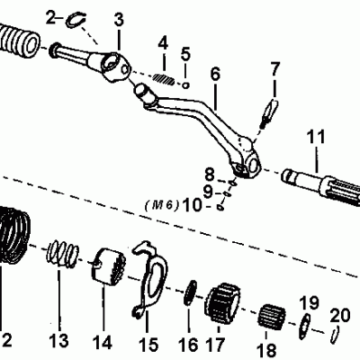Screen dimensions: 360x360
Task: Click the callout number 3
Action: point(119,21)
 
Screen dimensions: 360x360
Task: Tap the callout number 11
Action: point(316,137)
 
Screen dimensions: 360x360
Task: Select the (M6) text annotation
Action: point(162,205)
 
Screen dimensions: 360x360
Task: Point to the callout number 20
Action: point(340,315)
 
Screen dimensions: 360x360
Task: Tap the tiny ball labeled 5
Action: point(185,85)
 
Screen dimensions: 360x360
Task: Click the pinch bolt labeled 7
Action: point(270,112)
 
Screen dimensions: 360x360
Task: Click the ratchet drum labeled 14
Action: point(108,267)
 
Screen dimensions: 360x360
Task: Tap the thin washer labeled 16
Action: point(190,292)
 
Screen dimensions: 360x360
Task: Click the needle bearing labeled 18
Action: point(272,317)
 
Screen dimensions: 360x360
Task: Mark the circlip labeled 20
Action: point(334,335)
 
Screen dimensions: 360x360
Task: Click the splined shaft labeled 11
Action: point(321,187)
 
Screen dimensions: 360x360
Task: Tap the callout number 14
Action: point(102,342)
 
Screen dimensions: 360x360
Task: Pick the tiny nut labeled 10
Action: point(220,207)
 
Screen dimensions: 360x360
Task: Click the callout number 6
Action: point(215,74)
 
